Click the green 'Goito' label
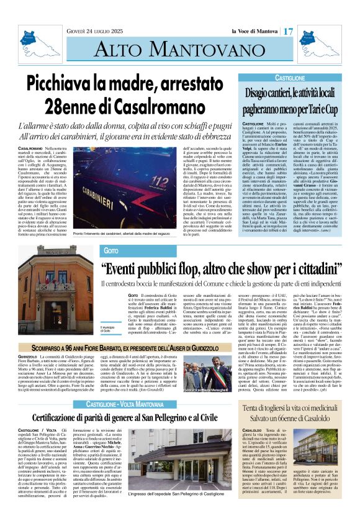(x=111, y=250)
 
